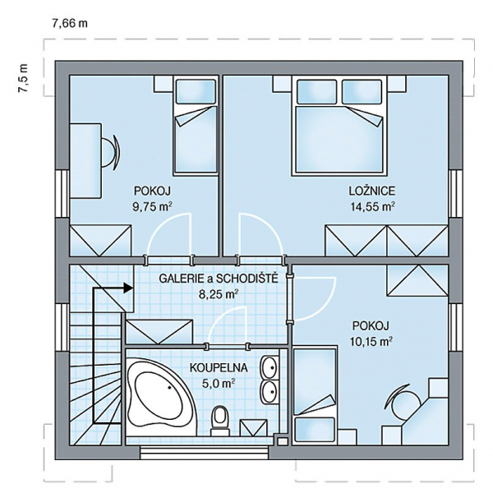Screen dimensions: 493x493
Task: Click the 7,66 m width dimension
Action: [70, 24]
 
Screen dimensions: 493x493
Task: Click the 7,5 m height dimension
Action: [24, 78]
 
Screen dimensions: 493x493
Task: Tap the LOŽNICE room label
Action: [371, 191]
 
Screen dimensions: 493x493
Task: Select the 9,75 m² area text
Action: [153, 207]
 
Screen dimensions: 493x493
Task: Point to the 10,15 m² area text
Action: [371, 341]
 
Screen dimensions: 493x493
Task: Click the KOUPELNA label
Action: [219, 368]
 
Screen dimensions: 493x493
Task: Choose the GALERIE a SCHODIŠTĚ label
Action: [219, 279]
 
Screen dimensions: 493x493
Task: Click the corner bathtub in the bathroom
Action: [161, 399]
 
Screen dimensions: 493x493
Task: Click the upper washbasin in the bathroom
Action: [269, 368]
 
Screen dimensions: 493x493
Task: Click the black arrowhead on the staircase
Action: [127, 288]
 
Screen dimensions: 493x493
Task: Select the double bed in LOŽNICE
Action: [339, 126]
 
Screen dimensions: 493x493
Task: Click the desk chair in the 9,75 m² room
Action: [110, 153]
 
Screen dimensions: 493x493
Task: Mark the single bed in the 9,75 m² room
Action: [196, 126]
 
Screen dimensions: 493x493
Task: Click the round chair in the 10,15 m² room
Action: [404, 403]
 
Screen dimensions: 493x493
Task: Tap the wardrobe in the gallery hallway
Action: [159, 332]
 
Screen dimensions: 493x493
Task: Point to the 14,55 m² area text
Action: [372, 207]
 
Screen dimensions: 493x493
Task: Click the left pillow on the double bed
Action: [316, 91]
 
